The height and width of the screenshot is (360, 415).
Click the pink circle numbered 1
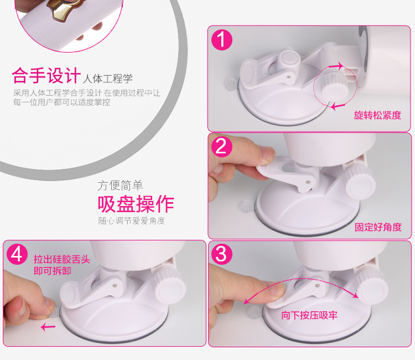(222, 40)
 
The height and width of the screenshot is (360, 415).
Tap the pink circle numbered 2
(222, 146)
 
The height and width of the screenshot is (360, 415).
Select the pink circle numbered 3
(222, 254)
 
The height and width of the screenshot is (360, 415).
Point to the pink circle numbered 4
(17, 254)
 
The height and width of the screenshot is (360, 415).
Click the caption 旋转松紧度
(377, 115)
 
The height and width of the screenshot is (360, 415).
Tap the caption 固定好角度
(378, 227)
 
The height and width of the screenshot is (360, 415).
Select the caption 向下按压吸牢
(309, 315)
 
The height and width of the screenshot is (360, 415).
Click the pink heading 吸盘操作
(136, 204)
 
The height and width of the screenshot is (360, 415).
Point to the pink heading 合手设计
(46, 75)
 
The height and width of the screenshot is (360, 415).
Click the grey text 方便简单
(120, 186)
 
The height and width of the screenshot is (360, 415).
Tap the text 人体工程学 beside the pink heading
(107, 79)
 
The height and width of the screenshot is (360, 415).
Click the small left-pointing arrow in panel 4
(48, 327)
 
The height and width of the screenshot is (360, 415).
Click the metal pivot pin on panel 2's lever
(308, 182)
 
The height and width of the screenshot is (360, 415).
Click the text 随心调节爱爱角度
(132, 220)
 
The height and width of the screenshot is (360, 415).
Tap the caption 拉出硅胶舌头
(62, 259)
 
